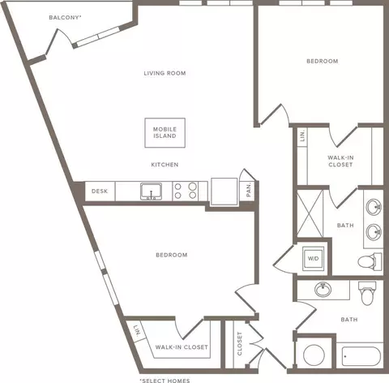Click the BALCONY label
tap(65, 18)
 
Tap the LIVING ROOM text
tap(165, 73)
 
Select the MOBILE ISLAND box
tap(165, 133)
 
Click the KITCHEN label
tap(165, 165)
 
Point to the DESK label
tap(100, 191)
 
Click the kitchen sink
tap(152, 191)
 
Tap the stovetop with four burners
tap(186, 191)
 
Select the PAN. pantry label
tap(249, 189)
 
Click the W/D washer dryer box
tap(313, 258)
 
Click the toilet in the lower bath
tap(367, 293)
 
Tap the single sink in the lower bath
tap(323, 290)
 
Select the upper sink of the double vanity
tap(374, 207)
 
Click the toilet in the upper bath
tap(370, 261)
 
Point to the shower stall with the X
tap(310, 213)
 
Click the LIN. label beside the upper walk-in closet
tap(302, 136)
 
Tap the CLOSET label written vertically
tap(240, 343)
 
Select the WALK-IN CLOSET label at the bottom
tap(182, 347)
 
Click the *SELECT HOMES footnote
tap(165, 381)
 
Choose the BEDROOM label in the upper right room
tap(323, 61)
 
